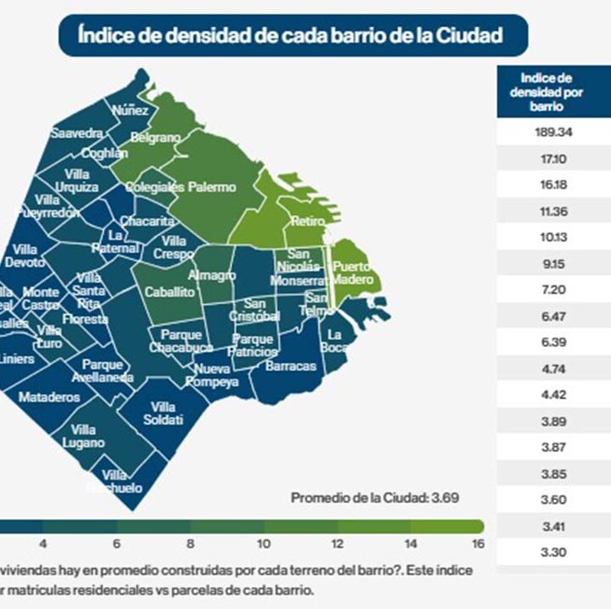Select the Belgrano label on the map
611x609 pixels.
click(155, 138)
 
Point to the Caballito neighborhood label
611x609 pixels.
click(171, 291)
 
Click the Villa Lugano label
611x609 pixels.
click(83, 436)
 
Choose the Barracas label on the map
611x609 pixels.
click(290, 366)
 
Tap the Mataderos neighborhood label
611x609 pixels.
click(49, 397)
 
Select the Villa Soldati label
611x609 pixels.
click(161, 413)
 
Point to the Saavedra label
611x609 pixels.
click(76, 133)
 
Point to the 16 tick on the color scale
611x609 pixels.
click(478, 543)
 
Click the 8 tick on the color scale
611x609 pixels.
click(191, 543)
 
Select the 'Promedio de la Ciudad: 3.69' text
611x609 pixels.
click(375, 498)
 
